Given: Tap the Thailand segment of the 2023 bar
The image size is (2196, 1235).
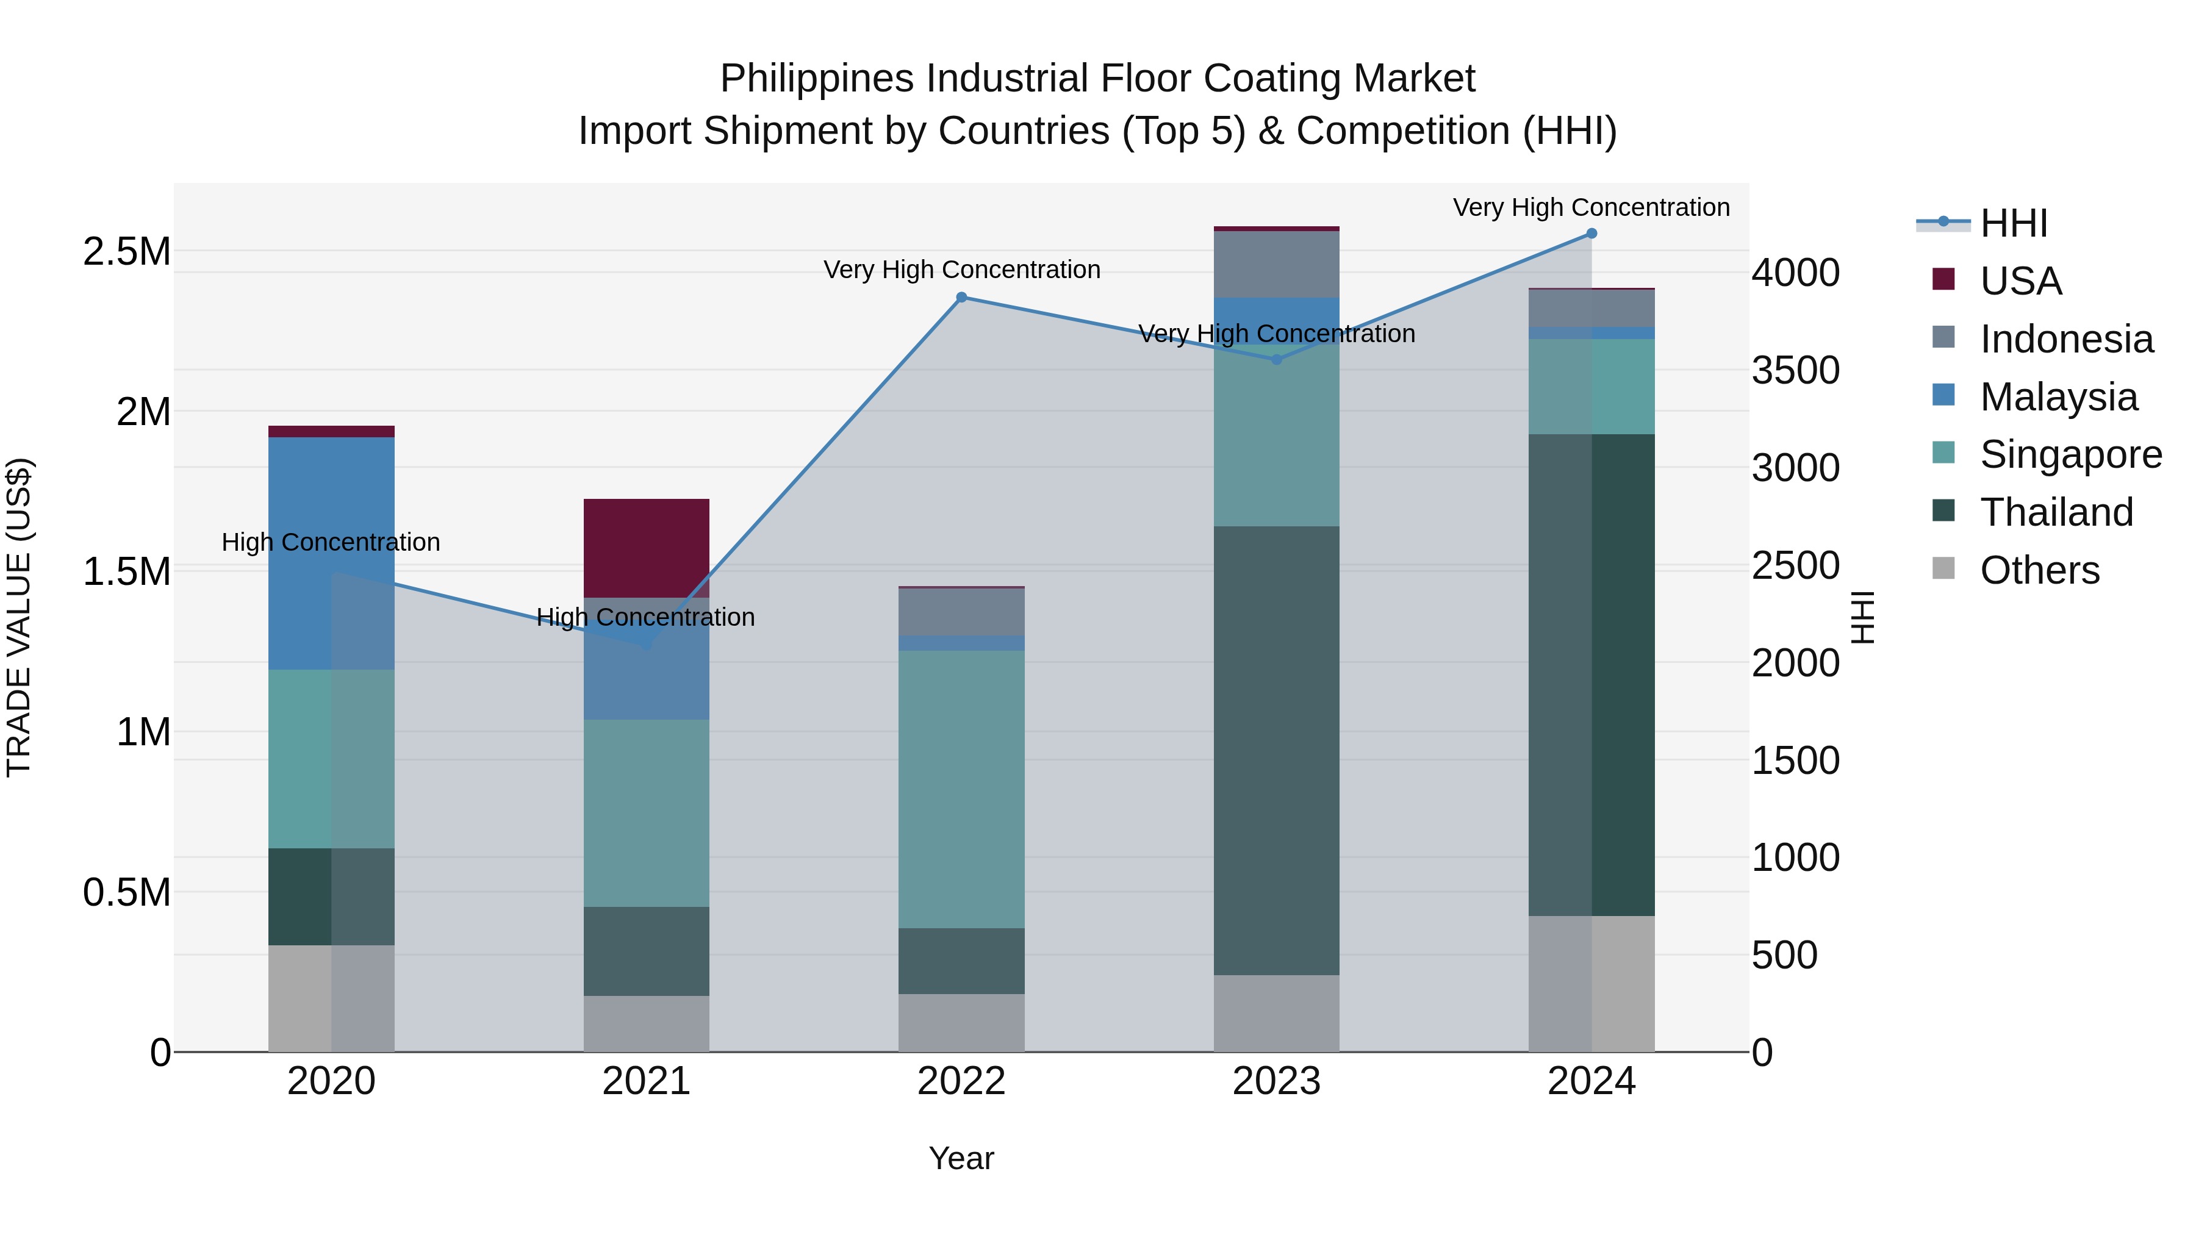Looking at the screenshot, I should coord(1276,750).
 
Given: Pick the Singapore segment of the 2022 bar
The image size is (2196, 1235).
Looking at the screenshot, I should coord(961,789).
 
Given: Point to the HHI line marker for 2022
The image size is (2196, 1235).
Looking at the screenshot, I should coord(961,298).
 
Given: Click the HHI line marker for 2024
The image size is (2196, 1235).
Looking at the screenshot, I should coord(1591,234).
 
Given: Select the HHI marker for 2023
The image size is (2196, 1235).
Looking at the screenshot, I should coord(1276,360).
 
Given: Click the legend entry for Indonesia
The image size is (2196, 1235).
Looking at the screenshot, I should coord(2065,339).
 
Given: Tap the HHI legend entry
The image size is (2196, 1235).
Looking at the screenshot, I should coord(2012,223).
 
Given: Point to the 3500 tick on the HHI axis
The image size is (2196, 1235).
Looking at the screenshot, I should coord(1795,371).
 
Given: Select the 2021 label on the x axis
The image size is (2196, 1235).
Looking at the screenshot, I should coord(646,1081).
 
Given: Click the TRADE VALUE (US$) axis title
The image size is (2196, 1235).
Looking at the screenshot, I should coord(19,617).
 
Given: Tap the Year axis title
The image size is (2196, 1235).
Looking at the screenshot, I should coord(961,1158).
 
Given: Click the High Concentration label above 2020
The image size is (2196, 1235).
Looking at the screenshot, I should coord(331,542).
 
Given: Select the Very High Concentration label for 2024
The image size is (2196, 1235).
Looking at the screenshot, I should coord(1591,207).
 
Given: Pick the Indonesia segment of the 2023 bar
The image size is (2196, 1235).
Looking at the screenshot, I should coord(1276,264).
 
